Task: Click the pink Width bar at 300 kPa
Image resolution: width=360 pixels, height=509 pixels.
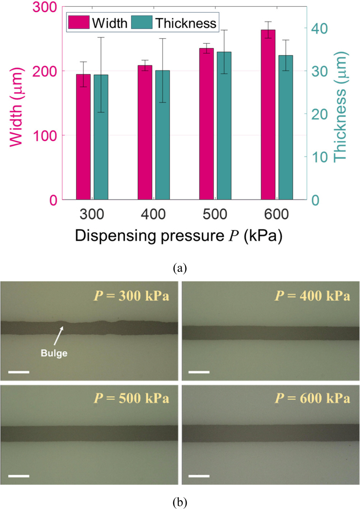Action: (83, 137)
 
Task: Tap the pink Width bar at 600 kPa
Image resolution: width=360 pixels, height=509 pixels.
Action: (268, 114)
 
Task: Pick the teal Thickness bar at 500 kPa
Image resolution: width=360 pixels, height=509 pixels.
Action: (224, 126)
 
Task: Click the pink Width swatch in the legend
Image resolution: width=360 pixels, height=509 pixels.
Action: (78, 23)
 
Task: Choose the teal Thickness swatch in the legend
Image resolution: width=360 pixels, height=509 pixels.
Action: (142, 23)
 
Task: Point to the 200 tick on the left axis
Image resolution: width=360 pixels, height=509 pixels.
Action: (45, 71)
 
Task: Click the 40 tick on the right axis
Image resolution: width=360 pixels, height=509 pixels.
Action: (319, 29)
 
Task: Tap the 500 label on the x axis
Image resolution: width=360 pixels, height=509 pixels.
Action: (215, 214)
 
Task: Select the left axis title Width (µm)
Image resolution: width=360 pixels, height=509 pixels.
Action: (16, 107)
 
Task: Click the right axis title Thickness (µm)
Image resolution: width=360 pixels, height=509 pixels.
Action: (340, 107)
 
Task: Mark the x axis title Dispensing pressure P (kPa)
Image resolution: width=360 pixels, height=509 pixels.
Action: (179, 236)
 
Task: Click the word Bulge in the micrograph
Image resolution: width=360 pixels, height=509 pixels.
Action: (54, 353)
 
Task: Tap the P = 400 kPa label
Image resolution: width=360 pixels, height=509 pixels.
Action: (312, 296)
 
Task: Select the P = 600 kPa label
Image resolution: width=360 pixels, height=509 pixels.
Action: (312, 398)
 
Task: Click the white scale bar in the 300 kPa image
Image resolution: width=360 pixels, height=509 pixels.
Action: (19, 372)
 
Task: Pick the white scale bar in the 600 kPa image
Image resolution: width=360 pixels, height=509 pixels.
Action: (199, 475)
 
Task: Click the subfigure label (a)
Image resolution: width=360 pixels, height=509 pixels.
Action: (179, 268)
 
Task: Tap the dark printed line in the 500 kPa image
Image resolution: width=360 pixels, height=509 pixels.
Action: (89, 433)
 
